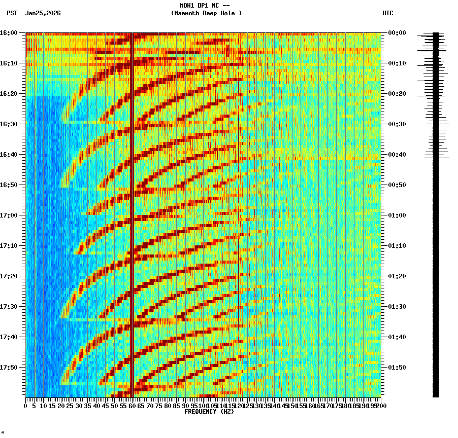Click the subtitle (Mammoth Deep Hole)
[206, 13]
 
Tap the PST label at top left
[12, 13]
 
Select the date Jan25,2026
[43, 13]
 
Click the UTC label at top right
[387, 13]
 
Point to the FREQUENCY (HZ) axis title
[209, 412]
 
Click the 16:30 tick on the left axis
[9, 124]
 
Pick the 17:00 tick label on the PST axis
[9, 215]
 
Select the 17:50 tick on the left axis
[9, 367]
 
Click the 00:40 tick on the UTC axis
[397, 154]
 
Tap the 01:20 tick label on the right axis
[397, 276]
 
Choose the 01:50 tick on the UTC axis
[397, 367]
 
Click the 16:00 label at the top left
[9, 32]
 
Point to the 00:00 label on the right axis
[397, 32]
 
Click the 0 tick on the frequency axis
[26, 406]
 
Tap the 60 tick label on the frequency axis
[132, 406]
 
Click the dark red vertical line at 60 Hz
[132, 203]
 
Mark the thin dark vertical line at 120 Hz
[238, 203]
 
